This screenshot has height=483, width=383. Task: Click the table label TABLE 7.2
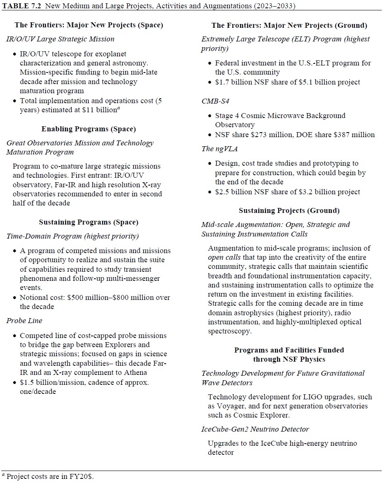23,5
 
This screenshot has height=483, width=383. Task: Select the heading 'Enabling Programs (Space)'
89,129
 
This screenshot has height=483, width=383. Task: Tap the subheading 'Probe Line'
24,321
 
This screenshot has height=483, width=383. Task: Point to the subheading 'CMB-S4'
215,101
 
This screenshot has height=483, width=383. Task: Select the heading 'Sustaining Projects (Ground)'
289,210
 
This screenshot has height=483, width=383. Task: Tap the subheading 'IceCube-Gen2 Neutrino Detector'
255,429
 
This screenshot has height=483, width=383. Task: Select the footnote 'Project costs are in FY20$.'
50,476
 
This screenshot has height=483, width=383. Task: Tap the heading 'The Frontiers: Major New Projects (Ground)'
289,25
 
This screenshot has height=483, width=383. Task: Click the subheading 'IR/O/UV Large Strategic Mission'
60,39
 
